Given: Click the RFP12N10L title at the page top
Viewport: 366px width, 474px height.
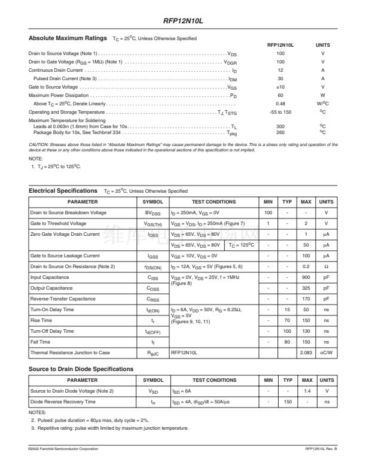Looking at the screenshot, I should point(183,20).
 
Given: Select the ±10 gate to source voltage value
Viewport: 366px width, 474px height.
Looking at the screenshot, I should point(280,87).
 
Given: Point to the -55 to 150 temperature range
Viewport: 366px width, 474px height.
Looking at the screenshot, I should point(280,112).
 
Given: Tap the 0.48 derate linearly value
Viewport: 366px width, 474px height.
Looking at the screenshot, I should point(280,104).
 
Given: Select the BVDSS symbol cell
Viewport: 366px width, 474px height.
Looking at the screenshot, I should point(152,212).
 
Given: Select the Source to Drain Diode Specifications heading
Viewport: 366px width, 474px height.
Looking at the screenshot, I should point(81,369).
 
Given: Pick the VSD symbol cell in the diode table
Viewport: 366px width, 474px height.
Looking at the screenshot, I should point(152,391).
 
